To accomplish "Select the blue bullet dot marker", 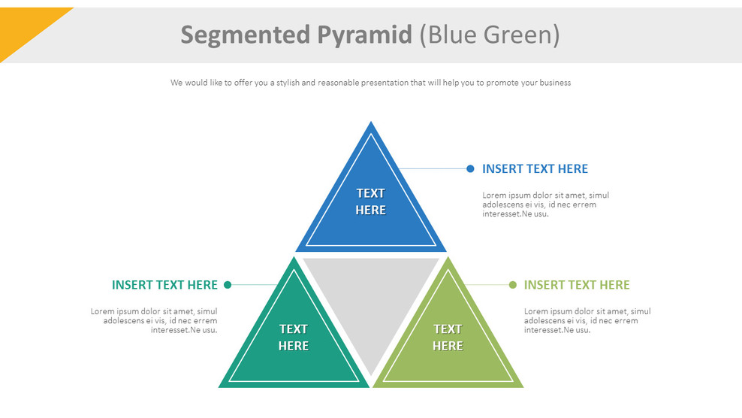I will (470, 169).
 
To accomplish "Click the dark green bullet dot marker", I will (228, 285).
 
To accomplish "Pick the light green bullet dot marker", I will (513, 285).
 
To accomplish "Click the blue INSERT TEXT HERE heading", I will (535, 169).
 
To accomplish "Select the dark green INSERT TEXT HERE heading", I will (164, 285).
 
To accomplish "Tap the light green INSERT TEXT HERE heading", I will (577, 285).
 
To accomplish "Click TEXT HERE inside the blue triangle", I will (370, 201).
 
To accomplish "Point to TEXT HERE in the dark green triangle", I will (293, 338).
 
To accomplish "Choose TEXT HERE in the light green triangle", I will (448, 338).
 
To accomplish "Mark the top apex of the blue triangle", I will (371, 124).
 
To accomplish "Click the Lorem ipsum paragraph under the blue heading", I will (545, 204).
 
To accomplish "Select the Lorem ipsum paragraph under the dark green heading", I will (155, 320).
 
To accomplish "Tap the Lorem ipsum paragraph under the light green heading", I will (587, 320).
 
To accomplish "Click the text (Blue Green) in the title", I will (489, 35).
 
